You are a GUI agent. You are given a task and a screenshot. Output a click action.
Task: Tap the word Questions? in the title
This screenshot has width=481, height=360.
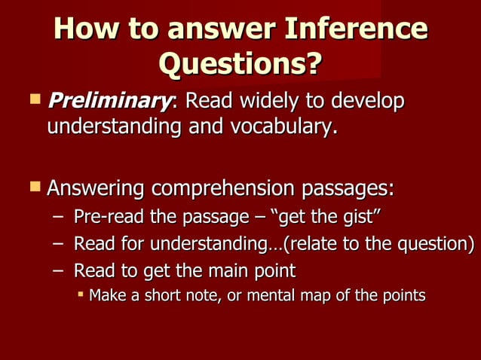(240, 65)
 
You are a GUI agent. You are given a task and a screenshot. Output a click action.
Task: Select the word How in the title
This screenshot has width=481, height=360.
(86, 29)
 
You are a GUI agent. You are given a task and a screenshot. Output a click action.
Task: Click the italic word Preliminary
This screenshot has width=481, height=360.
(106, 101)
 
